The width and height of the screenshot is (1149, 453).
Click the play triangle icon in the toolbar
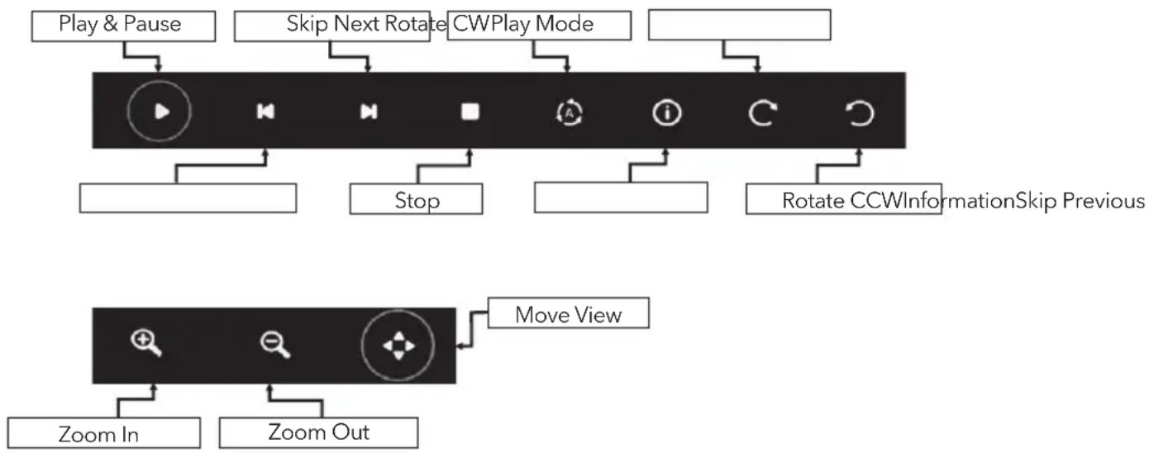coord(162,112)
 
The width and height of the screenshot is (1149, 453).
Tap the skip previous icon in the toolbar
coord(265,112)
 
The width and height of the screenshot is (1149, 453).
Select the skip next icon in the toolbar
coord(369,112)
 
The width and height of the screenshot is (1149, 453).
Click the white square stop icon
coord(470,112)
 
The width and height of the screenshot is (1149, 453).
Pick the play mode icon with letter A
coord(569,113)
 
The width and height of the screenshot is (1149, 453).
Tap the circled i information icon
coord(667,113)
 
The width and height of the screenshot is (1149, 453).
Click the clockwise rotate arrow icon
coord(762,113)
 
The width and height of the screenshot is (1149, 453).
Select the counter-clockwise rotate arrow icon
coord(859,113)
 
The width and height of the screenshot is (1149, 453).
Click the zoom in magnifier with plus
coord(146,343)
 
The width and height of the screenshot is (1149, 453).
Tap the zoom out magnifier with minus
coord(275,344)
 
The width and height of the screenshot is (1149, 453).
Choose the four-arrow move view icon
coord(398,346)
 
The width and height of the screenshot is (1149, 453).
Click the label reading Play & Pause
coord(120,24)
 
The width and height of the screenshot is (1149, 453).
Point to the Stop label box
coord(416,198)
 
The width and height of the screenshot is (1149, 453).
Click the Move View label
coord(569,314)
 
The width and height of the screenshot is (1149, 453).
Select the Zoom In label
coord(98,435)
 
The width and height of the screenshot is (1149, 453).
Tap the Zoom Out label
coord(318,432)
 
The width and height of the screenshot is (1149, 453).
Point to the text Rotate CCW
coord(841,201)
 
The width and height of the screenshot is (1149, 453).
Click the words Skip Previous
coord(1080,201)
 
